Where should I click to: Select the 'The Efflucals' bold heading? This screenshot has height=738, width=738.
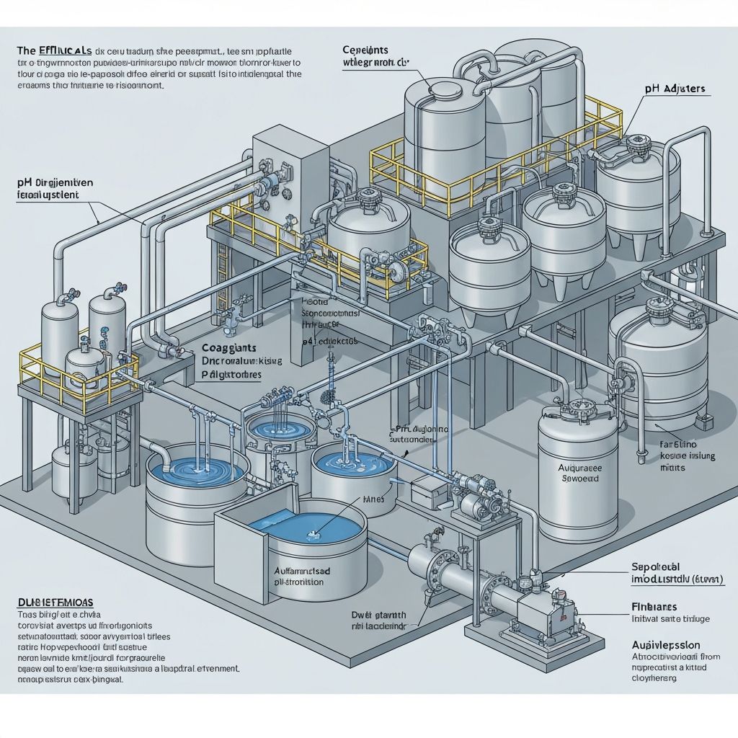(53, 50)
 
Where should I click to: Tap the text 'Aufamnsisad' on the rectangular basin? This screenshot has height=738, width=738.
(303, 570)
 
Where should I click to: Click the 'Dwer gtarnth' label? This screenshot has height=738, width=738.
(379, 615)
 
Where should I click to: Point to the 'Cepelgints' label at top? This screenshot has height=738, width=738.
(365, 50)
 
